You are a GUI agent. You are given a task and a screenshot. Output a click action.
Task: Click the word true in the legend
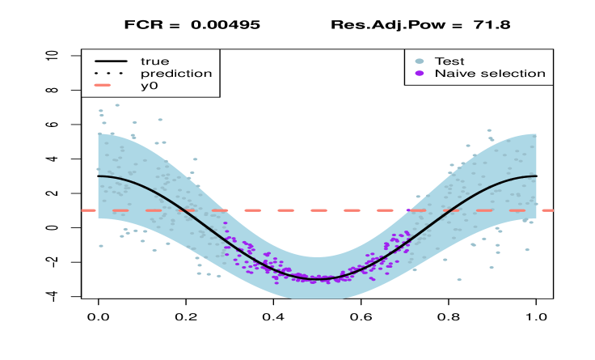[x=154, y=61]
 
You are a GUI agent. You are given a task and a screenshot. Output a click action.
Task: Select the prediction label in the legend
[x=176, y=73]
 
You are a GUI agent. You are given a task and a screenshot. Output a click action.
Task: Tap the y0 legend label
[x=149, y=85]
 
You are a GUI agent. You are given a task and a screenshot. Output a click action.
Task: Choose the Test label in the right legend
[x=449, y=61]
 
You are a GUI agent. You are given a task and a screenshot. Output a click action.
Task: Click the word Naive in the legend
[x=454, y=73]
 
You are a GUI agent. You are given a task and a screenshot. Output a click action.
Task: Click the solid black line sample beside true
[x=110, y=61]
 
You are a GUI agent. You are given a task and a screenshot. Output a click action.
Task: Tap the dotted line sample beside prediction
[x=110, y=73]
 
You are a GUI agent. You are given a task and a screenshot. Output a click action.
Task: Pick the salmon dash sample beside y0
[x=110, y=85]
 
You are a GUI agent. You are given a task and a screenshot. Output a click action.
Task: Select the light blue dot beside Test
[x=419, y=61]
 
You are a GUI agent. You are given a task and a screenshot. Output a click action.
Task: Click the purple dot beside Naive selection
[x=419, y=73]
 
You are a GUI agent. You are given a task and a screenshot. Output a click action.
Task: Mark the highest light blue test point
[x=117, y=105]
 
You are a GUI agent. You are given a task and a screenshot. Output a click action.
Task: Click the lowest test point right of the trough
[x=459, y=280]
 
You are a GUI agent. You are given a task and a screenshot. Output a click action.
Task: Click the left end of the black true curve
[x=99, y=176]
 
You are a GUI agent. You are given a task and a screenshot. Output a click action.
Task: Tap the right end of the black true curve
[x=536, y=176]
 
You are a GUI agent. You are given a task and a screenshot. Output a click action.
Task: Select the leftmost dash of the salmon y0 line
[x=90, y=210]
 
